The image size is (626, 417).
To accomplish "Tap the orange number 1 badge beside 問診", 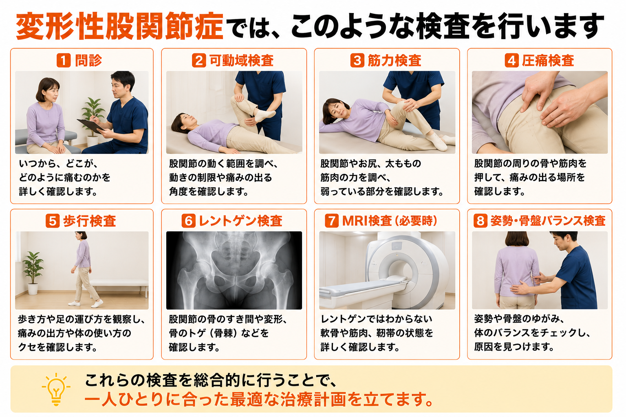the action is tap(64, 60).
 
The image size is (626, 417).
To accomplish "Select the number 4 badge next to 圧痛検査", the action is tap(512, 60).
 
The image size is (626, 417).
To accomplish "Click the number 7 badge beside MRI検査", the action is tap(332, 221).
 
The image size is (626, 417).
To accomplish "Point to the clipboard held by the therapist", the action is tap(90, 126).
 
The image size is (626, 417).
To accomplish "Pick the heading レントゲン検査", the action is tap(240, 221).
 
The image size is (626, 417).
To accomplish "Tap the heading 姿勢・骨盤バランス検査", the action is tap(548, 221).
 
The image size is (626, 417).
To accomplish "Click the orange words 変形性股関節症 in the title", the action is tap(119, 26).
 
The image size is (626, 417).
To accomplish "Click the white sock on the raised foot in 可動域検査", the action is tap(265, 115).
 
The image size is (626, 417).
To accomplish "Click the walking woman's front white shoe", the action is tap(97, 303).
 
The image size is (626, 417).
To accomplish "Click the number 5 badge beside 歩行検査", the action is tap(53, 221).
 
